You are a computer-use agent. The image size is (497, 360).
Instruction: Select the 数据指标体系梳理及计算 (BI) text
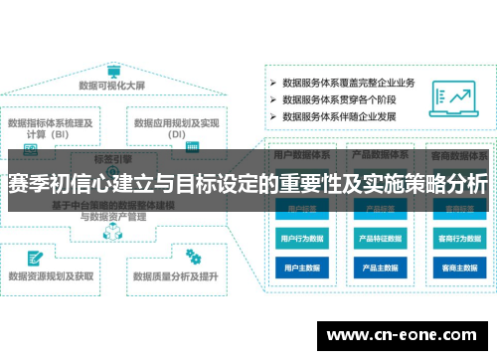(x=51, y=129)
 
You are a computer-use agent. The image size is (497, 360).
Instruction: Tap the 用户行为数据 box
(x=301, y=240)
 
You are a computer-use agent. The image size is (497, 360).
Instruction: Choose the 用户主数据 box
(x=301, y=268)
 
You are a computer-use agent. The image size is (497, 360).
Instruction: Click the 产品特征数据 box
(x=381, y=240)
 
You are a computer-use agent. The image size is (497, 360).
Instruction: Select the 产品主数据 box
(x=381, y=268)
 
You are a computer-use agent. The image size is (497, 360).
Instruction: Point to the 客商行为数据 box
(x=459, y=240)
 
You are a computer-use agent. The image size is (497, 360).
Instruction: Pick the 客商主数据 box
(x=459, y=268)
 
